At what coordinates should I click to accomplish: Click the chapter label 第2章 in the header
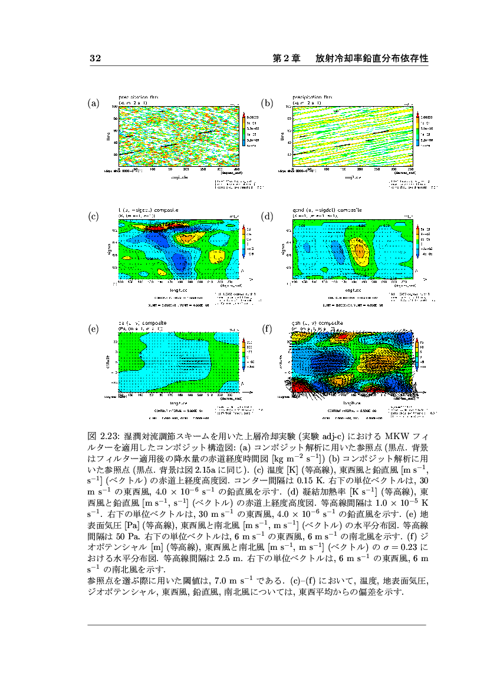pyautogui.click(x=287, y=59)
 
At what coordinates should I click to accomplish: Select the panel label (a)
pyautogui.click(x=93, y=104)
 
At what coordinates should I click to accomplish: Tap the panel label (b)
pyautogui.click(x=268, y=104)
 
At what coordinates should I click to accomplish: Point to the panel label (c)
pyautogui.click(x=93, y=217)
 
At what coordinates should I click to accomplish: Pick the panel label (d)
pyautogui.click(x=268, y=217)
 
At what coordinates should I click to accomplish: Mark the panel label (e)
pyautogui.click(x=93, y=329)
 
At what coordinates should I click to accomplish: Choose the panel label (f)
pyautogui.click(x=267, y=329)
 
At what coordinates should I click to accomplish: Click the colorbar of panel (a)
pyautogui.click(x=244, y=130)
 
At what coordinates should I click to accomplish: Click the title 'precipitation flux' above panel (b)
pyautogui.click(x=312, y=97)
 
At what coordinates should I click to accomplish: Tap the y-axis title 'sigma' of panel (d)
pyautogui.click(x=282, y=249)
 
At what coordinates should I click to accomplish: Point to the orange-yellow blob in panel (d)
pyautogui.click(x=359, y=250)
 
